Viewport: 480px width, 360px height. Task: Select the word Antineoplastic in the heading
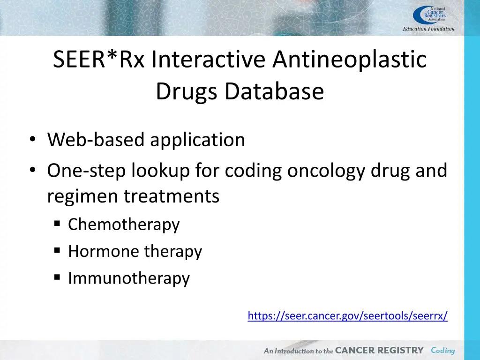tap(350, 60)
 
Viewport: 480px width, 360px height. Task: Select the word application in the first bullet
tap(197, 140)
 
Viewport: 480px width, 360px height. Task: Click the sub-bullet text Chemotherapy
tap(124, 225)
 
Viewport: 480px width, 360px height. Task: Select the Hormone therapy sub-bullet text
tap(135, 252)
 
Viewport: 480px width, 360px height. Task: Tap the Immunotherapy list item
tap(129, 278)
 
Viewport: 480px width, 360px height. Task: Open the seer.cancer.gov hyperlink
tap(347, 316)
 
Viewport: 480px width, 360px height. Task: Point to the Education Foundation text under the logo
tap(428, 29)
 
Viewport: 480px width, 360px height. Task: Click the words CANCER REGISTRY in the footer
tap(379, 351)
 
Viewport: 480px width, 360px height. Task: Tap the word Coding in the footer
tap(442, 351)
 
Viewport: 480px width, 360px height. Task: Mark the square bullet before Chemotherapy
tap(57, 225)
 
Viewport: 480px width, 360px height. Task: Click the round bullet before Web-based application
tap(32, 140)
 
